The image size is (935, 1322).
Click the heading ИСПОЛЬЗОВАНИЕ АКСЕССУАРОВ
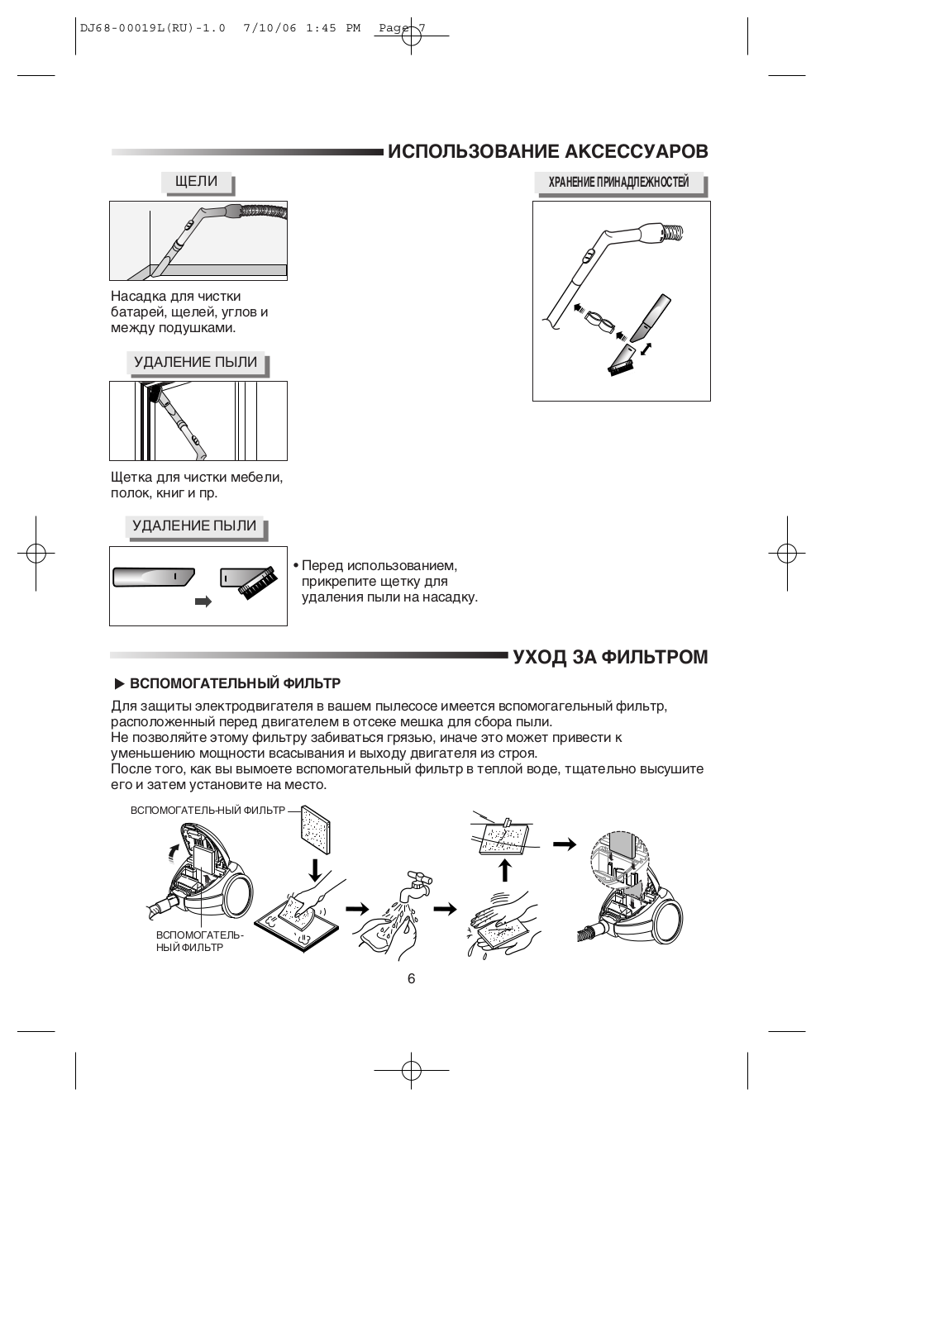tap(547, 152)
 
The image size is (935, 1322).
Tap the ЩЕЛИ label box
tap(196, 182)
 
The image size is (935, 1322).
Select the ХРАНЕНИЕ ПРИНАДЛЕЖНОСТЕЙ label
tap(618, 183)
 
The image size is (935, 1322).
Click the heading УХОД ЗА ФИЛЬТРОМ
tap(610, 658)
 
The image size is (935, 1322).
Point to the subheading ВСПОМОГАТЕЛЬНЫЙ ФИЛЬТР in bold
tap(235, 684)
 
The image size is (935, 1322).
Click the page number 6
tap(411, 979)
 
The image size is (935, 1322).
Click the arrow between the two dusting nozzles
tap(203, 602)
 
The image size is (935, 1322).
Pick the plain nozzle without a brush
tap(154, 576)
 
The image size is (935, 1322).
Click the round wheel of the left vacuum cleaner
tap(239, 896)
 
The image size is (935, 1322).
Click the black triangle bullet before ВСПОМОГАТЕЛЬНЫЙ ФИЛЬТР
tap(119, 684)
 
